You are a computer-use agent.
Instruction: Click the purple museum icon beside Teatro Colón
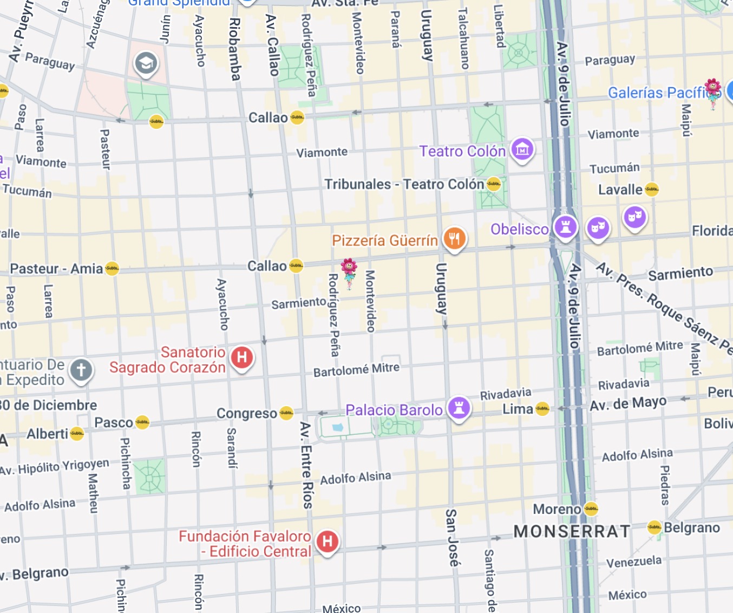[x=522, y=149]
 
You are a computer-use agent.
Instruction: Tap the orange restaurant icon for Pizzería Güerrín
[x=454, y=238]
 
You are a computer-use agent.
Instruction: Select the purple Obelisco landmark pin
[x=565, y=226]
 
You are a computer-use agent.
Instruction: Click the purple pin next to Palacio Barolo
[x=459, y=408]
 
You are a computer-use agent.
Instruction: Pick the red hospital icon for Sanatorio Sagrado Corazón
[x=242, y=357]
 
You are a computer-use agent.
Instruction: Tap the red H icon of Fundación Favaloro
[x=327, y=541]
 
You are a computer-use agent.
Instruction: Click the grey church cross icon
[x=81, y=370]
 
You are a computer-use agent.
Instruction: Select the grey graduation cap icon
[x=146, y=63]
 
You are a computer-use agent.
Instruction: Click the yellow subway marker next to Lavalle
[x=652, y=190]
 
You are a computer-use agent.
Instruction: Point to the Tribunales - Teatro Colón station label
[x=404, y=185]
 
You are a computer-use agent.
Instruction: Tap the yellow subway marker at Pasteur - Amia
[x=112, y=268]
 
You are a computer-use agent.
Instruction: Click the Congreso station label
[x=247, y=414]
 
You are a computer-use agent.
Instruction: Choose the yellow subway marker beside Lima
[x=542, y=409]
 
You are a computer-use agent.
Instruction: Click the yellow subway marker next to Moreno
[x=591, y=508]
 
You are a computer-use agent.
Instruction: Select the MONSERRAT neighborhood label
[x=572, y=531]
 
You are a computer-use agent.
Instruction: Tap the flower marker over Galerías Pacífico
[x=712, y=93]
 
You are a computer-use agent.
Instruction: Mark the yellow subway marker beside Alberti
[x=77, y=433]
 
